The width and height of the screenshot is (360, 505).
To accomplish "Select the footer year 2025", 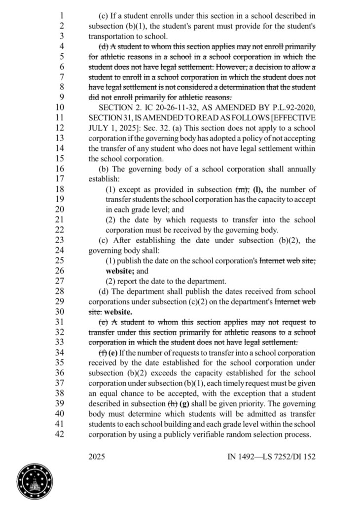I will pyautogui.click(x=98, y=457).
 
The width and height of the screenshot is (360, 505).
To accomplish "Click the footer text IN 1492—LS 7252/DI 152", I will pyautogui.click(x=271, y=457).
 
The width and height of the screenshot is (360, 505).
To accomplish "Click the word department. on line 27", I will pyautogui.click(x=206, y=282).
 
